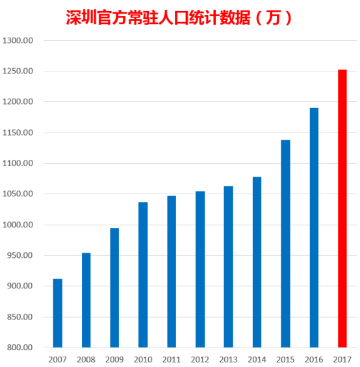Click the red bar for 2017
point(342,209)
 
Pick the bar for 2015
point(285,244)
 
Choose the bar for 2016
point(314,227)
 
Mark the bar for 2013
point(228,266)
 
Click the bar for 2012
point(200,269)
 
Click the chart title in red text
point(180,18)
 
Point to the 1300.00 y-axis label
point(18,40)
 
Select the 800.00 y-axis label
point(19,348)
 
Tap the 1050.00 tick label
point(18,194)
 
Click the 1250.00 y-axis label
point(18,71)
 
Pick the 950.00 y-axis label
point(19,255)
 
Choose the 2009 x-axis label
point(114,359)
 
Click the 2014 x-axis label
point(257,359)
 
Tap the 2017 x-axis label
point(342,359)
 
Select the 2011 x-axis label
point(172,359)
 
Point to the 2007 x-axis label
point(58,359)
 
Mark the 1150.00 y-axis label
point(18,133)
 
